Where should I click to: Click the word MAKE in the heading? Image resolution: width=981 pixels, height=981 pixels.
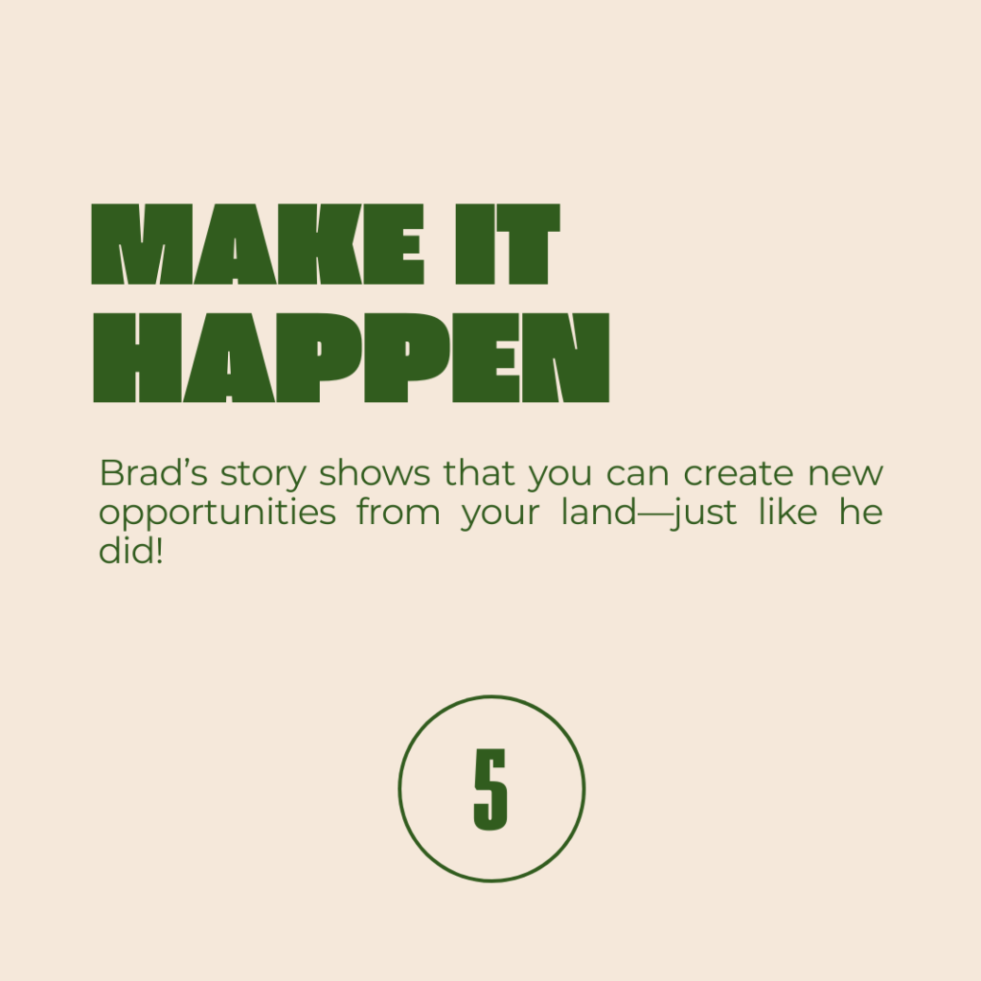pyautogui.click(x=258, y=244)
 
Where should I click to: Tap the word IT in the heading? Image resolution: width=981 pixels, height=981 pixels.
pyautogui.click(x=508, y=244)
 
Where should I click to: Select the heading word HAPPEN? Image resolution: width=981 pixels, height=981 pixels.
pyautogui.click(x=351, y=357)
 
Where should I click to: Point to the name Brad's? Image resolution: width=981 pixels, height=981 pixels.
pyautogui.click(x=153, y=473)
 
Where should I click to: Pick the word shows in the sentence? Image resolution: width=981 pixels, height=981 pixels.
pyautogui.click(x=375, y=473)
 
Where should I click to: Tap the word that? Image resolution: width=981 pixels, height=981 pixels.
pyautogui.click(x=479, y=473)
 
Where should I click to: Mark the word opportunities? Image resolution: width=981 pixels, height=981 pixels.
pyautogui.click(x=217, y=514)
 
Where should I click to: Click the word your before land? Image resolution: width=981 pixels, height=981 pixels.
pyautogui.click(x=500, y=516)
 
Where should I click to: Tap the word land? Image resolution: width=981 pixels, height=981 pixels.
pyautogui.click(x=599, y=512)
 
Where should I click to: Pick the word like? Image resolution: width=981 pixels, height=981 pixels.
pyautogui.click(x=787, y=512)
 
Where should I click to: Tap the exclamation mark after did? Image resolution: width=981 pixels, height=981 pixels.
pyautogui.click(x=159, y=551)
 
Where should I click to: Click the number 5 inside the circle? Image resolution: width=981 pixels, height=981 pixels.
pyautogui.click(x=491, y=789)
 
